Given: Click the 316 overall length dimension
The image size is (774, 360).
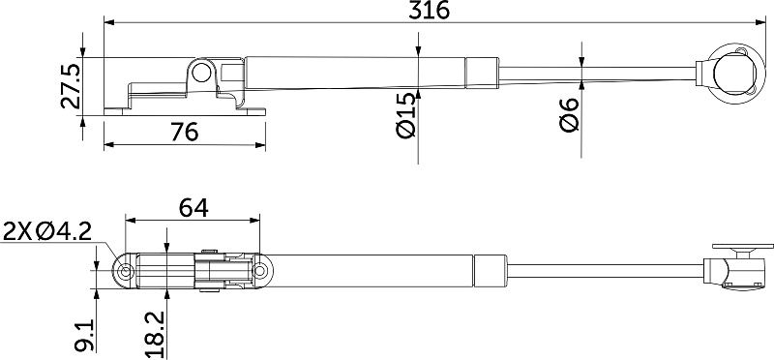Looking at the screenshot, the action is (x=429, y=11).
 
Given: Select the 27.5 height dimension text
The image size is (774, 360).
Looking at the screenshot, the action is (x=71, y=86).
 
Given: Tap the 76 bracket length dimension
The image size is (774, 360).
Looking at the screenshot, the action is (x=185, y=133).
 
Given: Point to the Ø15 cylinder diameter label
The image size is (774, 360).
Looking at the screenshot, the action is (x=406, y=115).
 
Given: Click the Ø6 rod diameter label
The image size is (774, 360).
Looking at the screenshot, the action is (x=569, y=115).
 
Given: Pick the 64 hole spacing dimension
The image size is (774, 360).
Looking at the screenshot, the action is (x=193, y=208).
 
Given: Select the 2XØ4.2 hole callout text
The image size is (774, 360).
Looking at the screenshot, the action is (x=47, y=230).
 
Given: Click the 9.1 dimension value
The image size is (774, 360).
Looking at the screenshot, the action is (x=84, y=336).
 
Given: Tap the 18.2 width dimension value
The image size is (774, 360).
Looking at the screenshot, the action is (x=155, y=335).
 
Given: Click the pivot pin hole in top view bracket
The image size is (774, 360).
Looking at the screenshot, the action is (x=201, y=73).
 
